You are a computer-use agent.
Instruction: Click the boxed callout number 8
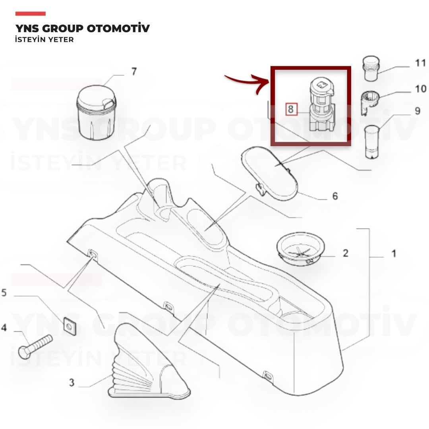tap(291, 110)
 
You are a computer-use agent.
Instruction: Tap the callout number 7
tap(134, 71)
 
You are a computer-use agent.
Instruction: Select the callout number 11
tap(421, 63)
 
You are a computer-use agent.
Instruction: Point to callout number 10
tap(421, 89)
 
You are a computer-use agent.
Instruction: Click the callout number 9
tap(417, 111)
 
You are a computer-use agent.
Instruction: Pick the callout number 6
tap(335, 196)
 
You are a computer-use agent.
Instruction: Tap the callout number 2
tap(346, 253)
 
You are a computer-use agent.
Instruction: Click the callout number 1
tap(394, 253)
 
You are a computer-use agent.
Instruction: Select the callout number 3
tap(71, 382)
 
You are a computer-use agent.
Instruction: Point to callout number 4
tap(4, 327)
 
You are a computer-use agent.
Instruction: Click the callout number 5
tap(4, 293)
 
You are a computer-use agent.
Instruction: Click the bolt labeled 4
tap(35, 346)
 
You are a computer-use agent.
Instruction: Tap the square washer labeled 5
tap(70, 326)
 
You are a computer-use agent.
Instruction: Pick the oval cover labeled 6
tap(269, 172)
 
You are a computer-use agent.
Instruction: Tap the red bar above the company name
tap(30, 14)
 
